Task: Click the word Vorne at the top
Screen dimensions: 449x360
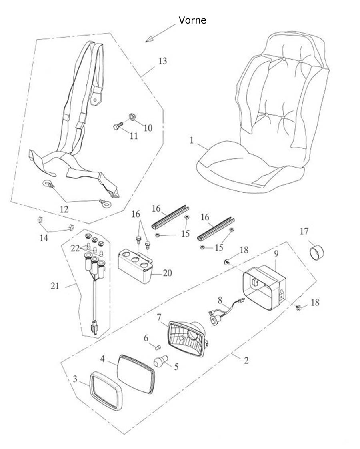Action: pyautogui.click(x=192, y=20)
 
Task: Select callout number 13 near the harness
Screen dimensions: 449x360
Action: pyautogui.click(x=162, y=61)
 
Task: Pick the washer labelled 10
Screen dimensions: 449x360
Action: pyautogui.click(x=132, y=117)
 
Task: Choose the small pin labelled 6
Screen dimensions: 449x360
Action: pyautogui.click(x=157, y=347)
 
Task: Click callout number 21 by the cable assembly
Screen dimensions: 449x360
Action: pyautogui.click(x=55, y=285)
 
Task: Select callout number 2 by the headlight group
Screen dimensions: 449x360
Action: pyautogui.click(x=246, y=360)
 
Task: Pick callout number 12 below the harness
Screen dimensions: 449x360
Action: pyautogui.click(x=64, y=209)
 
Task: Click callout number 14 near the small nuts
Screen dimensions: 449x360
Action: pyautogui.click(x=43, y=238)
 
